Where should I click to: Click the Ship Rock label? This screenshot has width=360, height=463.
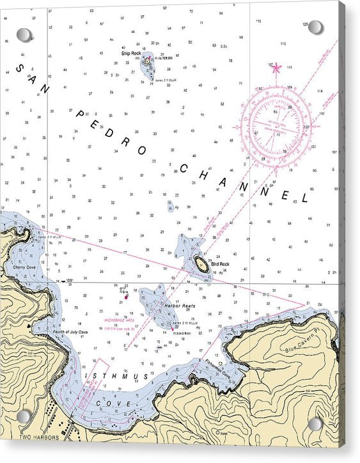tap(131, 53)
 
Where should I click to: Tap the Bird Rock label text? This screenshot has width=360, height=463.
tap(220, 264)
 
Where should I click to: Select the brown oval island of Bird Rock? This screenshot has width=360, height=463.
tap(201, 263)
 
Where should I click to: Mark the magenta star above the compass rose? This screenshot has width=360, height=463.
tap(276, 67)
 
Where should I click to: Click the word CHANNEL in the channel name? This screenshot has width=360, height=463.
tap(244, 182)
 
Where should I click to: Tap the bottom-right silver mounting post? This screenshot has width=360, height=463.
tap(315, 424)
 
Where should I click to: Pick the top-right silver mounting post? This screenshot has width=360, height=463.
tap(315, 27)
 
